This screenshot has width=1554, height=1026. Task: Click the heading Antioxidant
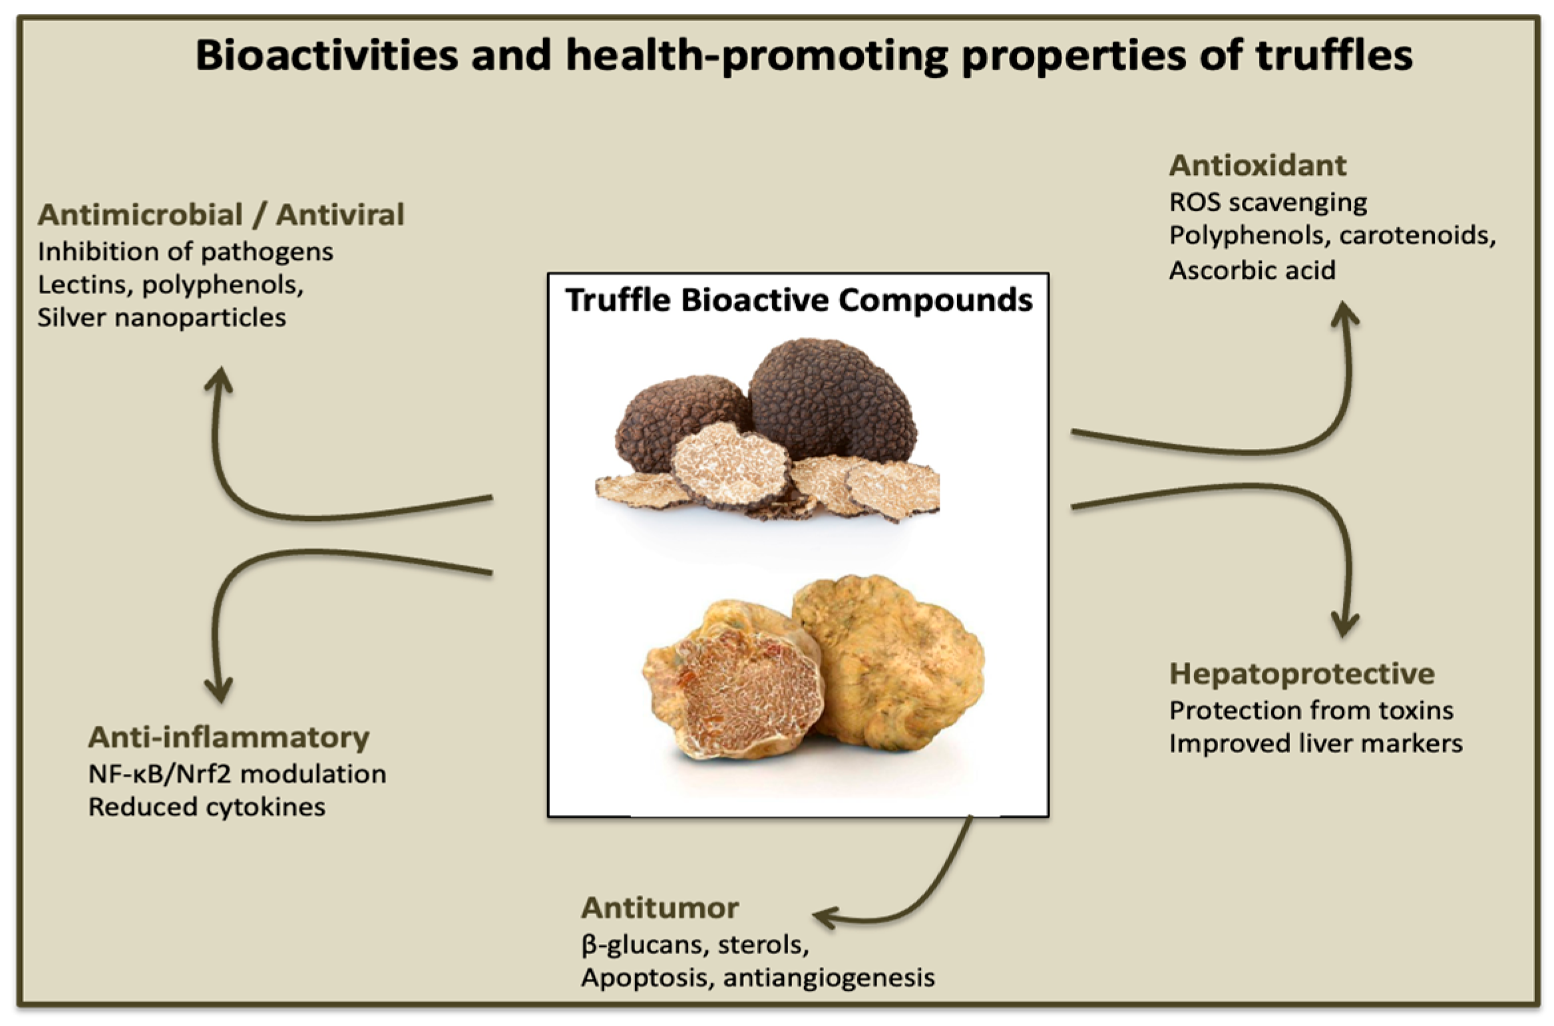(1257, 166)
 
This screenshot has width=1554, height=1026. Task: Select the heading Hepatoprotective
(1301, 673)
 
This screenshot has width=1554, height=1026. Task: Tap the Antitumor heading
(660, 908)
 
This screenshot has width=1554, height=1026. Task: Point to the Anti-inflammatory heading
(228, 737)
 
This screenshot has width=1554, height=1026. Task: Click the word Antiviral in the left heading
(340, 215)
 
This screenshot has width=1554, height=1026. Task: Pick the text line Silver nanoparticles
(161, 317)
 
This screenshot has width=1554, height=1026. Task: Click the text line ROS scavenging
(1268, 202)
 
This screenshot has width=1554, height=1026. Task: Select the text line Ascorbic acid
(1252, 270)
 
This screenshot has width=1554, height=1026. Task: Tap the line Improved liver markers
(1315, 743)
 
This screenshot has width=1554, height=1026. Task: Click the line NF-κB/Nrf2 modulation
(237, 774)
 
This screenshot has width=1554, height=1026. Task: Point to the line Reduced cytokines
(206, 807)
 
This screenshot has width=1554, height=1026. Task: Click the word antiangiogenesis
(829, 977)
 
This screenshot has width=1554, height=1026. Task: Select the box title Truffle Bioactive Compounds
(798, 300)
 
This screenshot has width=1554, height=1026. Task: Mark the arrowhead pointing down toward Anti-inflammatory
(218, 692)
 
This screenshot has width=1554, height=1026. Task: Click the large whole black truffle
(832, 399)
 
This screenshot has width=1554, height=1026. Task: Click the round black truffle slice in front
(729, 466)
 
